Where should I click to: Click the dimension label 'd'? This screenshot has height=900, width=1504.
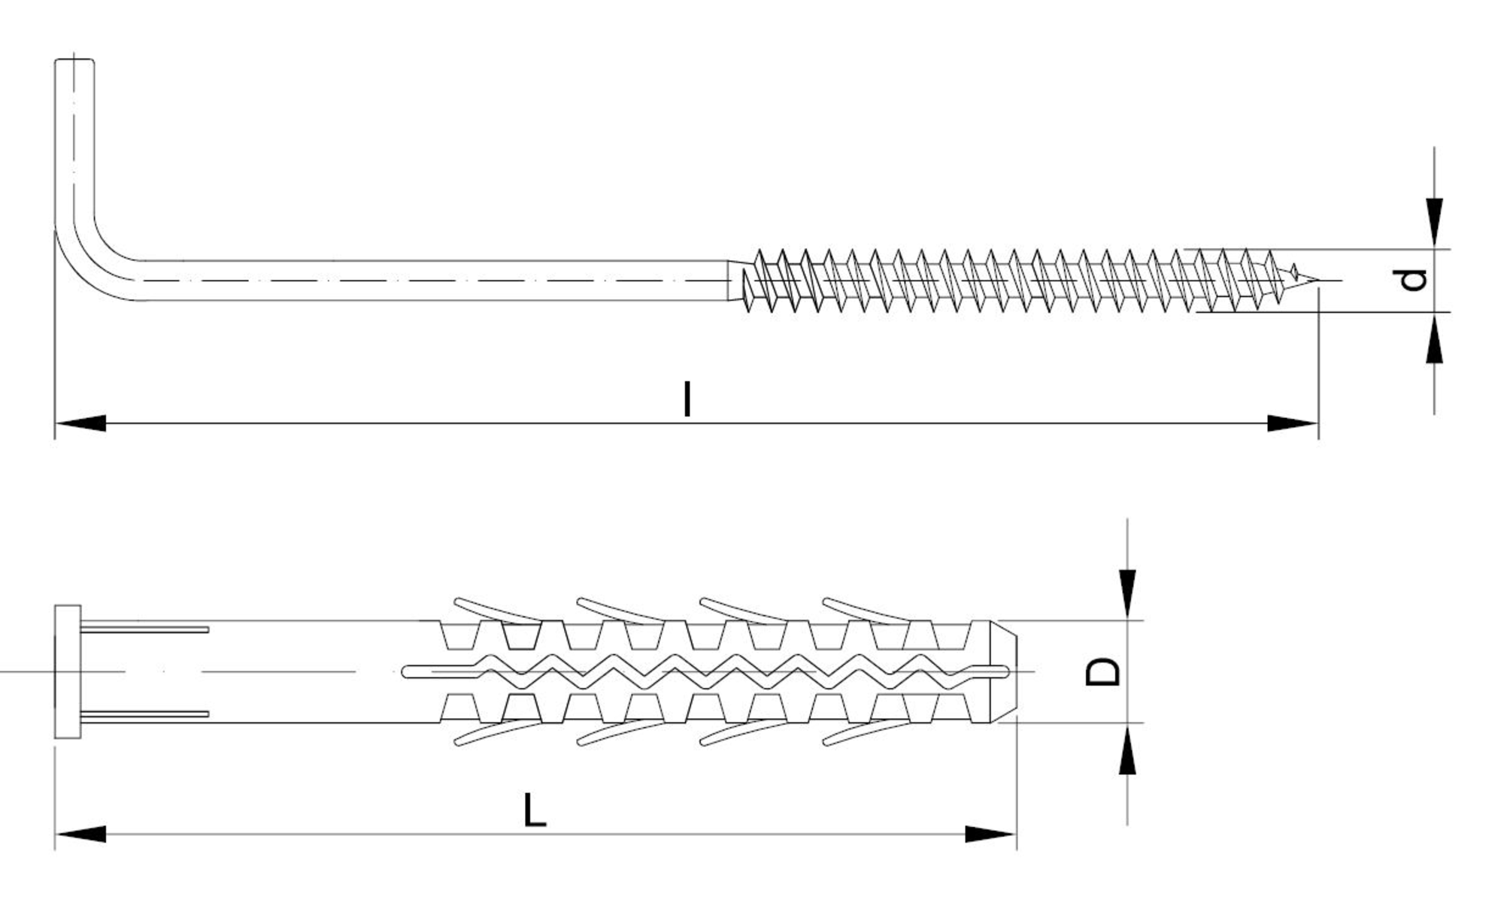click(x=1415, y=280)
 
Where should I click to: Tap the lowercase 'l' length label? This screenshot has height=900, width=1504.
click(x=687, y=398)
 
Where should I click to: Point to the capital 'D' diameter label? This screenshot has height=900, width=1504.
click(x=1103, y=671)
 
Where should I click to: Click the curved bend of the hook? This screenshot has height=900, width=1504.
click(x=90, y=259)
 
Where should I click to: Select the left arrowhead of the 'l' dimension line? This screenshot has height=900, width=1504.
click(x=80, y=423)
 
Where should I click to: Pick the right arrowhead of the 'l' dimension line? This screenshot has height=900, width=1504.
click(x=1292, y=423)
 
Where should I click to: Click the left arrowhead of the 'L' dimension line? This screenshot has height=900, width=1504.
click(x=80, y=834)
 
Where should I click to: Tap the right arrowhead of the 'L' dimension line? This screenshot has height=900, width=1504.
click(x=990, y=834)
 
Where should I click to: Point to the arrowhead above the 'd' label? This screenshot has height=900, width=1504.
click(x=1435, y=223)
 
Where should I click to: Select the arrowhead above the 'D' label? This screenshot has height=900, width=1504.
click(x=1126, y=595)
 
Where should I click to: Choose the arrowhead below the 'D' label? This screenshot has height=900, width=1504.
click(x=1126, y=749)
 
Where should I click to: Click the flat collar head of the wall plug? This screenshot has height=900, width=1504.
click(x=68, y=671)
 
